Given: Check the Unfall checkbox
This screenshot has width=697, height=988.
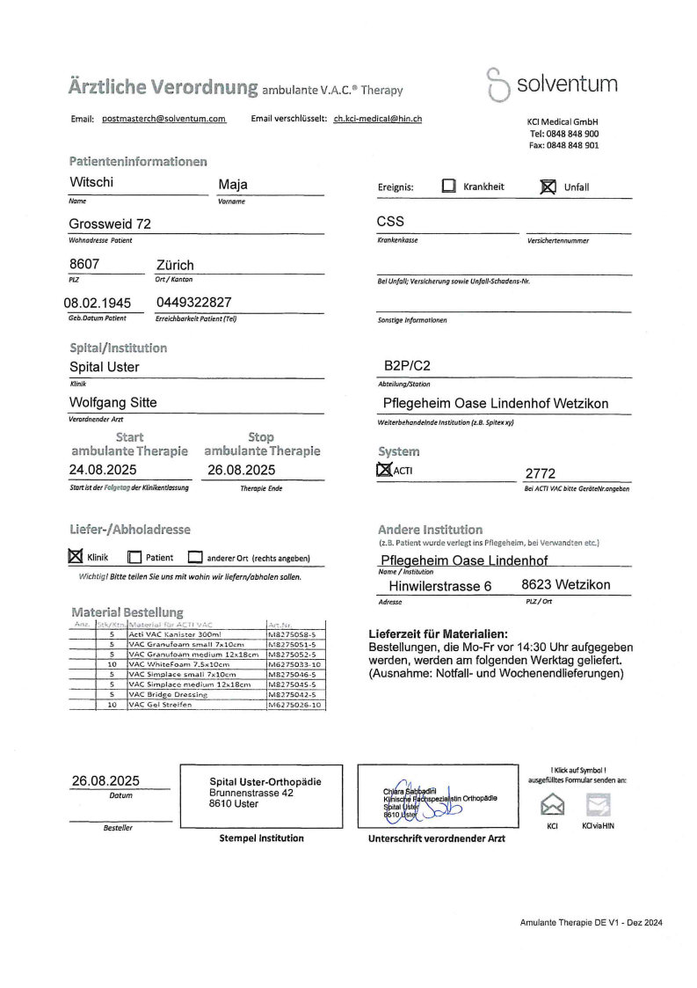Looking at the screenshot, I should click(548, 187).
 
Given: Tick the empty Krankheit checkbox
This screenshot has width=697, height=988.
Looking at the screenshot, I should click(449, 187).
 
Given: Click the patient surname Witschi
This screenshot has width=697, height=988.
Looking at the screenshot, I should click(91, 183).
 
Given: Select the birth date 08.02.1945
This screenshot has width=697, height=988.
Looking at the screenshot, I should click(98, 303).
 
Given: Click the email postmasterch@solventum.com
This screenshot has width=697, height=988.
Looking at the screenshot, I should click(164, 118).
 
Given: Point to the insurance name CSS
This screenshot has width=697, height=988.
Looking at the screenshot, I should click(390, 222).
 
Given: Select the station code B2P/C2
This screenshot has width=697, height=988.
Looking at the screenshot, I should click(410, 365).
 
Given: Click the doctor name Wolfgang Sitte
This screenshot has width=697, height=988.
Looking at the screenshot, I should click(113, 402).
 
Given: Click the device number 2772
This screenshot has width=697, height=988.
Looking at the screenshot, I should click(541, 473).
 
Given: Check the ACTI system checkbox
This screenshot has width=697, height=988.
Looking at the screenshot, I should click(384, 470).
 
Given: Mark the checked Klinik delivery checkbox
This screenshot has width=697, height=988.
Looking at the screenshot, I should click(75, 556).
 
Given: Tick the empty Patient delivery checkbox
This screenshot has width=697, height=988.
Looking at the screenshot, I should click(134, 557).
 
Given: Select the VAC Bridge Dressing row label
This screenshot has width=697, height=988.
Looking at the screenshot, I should click(168, 694).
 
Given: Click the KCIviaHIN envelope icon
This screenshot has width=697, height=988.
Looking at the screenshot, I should click(598, 803).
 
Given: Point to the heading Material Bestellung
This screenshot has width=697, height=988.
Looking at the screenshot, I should click(127, 611).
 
